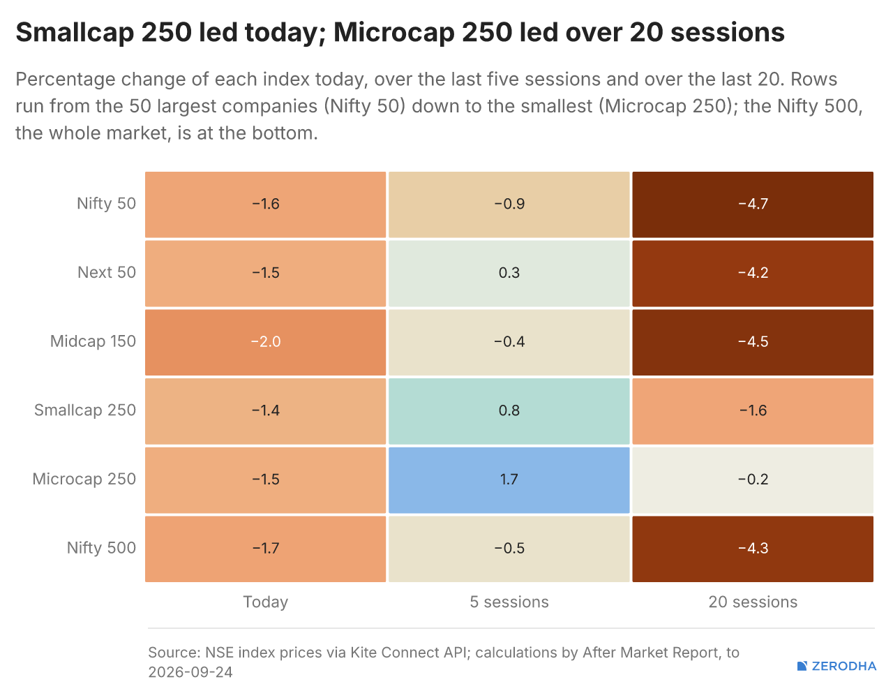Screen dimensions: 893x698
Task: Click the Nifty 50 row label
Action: click(x=106, y=204)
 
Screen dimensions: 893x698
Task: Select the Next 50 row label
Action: click(x=107, y=272)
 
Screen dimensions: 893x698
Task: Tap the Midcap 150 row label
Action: click(x=93, y=341)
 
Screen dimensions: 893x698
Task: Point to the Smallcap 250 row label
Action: click(x=84, y=410)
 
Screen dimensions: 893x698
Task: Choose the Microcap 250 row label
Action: click(x=84, y=479)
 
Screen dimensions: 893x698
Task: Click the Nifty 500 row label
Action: click(x=101, y=548)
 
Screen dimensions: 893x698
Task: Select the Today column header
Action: click(x=266, y=602)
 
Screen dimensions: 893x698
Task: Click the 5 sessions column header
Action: click(x=509, y=602)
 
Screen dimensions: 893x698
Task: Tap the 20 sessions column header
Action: click(x=753, y=602)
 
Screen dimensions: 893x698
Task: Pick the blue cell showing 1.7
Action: click(x=509, y=480)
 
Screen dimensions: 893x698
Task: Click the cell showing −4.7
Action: click(x=753, y=205)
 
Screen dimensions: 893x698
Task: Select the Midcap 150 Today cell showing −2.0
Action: click(x=266, y=343)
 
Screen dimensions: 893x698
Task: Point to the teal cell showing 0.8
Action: click(x=509, y=411)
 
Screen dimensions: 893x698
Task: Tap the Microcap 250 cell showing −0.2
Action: click(x=753, y=480)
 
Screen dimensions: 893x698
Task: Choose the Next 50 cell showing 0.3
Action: click(x=509, y=274)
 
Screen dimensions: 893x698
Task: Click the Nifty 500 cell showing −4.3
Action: click(x=753, y=549)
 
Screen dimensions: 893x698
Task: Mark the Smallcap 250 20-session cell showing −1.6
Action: click(x=753, y=411)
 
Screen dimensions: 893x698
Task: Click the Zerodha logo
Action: click(x=836, y=666)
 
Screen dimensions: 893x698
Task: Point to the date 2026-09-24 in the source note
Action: click(x=190, y=672)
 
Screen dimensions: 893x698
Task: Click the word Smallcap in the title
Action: click(x=75, y=33)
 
